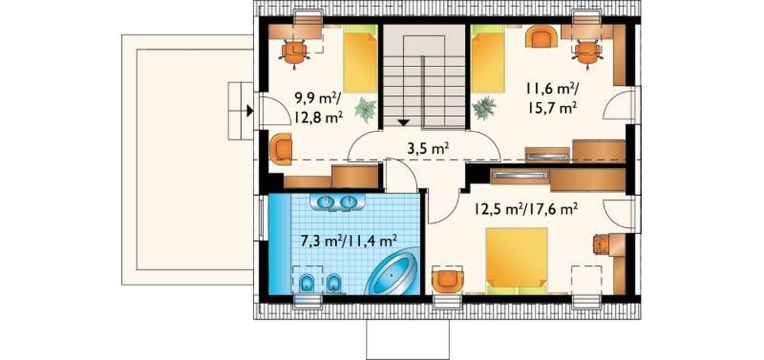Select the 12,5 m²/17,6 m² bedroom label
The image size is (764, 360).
tap(526, 209)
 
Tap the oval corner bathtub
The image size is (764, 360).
tap(391, 271)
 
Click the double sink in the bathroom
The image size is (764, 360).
tap(336, 202)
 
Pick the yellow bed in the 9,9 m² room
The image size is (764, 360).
tap(360, 59)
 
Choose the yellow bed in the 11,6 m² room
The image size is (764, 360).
tap(488, 59)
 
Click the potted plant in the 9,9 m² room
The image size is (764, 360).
tap(366, 109)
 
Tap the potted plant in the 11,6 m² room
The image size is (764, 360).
tap(483, 108)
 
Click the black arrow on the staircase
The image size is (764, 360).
tap(403, 123)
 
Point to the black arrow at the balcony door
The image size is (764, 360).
tap(250, 111)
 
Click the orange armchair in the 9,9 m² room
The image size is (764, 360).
tap(281, 149)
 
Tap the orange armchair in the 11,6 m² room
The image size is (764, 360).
tap(541, 36)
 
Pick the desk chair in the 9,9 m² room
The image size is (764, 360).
tap(294, 52)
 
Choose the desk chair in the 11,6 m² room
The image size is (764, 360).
tap(587, 52)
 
